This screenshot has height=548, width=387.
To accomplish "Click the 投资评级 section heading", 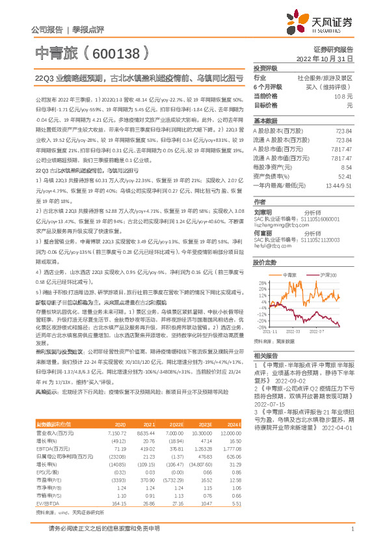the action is pos(265,68).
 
